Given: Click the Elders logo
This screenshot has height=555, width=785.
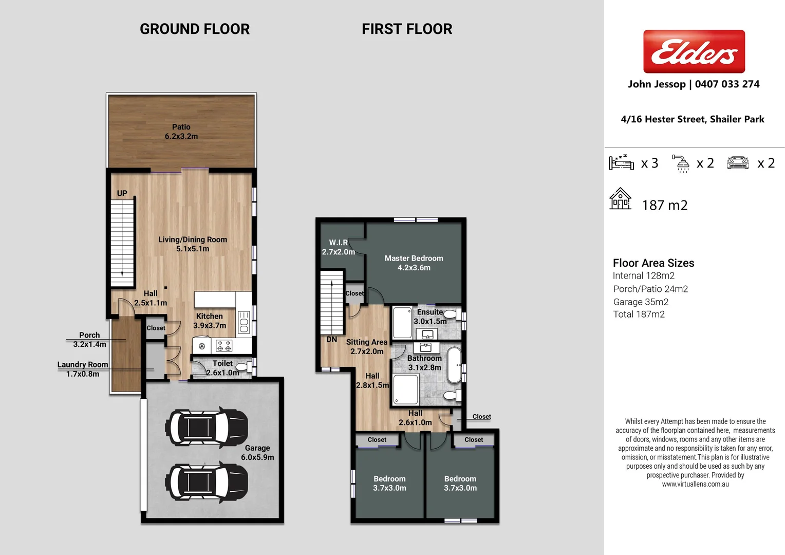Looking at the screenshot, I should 694,51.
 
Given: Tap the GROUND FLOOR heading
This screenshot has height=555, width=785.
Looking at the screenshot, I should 195,29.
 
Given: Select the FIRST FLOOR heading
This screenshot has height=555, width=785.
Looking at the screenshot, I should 407,29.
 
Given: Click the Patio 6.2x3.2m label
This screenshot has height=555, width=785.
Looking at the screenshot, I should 181,132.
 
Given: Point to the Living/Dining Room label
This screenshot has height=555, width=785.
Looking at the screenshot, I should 193,244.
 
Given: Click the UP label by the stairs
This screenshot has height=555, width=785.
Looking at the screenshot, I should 122,193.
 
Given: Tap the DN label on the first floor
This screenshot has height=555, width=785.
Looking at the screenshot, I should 332,340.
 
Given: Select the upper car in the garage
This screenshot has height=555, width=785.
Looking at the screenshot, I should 207,427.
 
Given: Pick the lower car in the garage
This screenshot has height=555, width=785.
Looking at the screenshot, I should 207,482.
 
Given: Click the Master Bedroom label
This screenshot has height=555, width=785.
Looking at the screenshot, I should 414,263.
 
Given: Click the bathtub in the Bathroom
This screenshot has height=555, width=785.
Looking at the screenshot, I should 454,365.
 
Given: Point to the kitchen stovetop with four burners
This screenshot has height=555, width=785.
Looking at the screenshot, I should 224,345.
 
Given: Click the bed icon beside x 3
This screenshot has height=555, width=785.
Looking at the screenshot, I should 621,162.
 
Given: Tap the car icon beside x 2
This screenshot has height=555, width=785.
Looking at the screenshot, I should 738,163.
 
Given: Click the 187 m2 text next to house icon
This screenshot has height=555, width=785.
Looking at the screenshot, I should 664,206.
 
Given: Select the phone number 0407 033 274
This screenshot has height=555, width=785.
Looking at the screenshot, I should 727,84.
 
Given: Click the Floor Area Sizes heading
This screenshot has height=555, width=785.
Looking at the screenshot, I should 653,263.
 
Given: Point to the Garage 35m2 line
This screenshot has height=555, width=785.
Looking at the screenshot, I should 641,302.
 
